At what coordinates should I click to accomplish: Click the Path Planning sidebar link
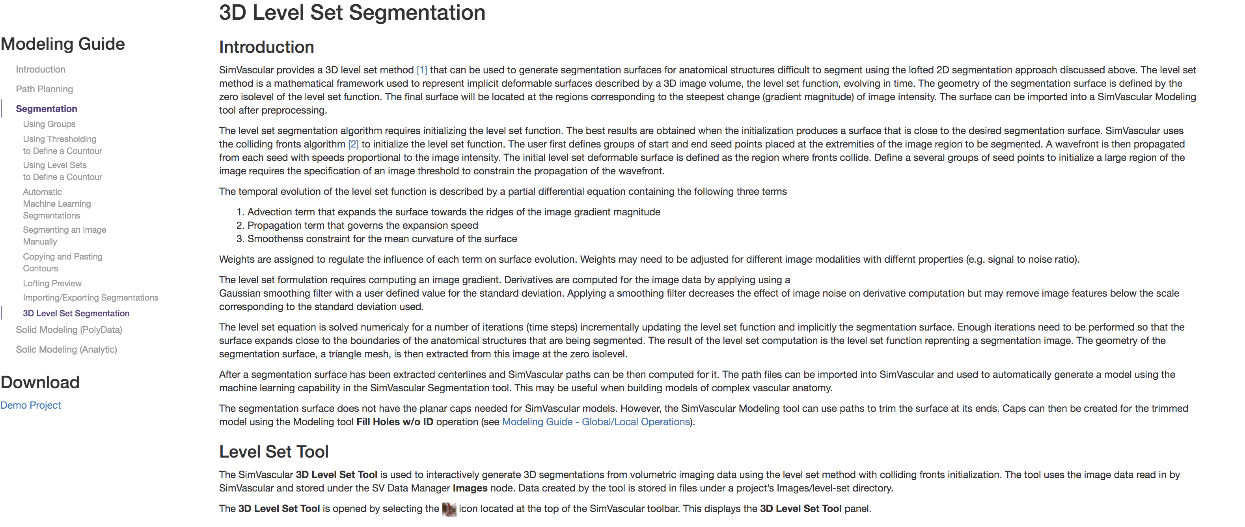point(45,89)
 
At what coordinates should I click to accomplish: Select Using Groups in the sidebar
point(49,124)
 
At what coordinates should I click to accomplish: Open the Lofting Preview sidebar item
point(52,283)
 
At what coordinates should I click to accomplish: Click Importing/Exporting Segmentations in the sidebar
point(90,298)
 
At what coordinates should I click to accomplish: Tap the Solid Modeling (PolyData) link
point(69,330)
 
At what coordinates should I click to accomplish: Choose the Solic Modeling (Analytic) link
point(66,349)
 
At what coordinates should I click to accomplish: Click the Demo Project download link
point(30,405)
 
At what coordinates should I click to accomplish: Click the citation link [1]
point(421,70)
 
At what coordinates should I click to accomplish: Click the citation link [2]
point(353,144)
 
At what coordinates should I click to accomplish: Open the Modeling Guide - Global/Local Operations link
point(595,422)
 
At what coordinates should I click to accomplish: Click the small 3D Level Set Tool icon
point(449,509)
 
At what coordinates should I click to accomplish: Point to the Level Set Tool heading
point(274,452)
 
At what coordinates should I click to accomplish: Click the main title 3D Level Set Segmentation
point(352,13)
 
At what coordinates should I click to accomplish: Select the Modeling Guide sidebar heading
point(63,44)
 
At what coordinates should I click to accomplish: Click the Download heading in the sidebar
point(40,383)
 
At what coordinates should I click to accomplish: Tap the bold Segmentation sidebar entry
point(47,109)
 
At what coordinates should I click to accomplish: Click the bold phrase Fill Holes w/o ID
point(394,422)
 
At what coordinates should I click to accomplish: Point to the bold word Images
point(470,488)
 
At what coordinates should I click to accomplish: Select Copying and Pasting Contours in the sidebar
point(63,263)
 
